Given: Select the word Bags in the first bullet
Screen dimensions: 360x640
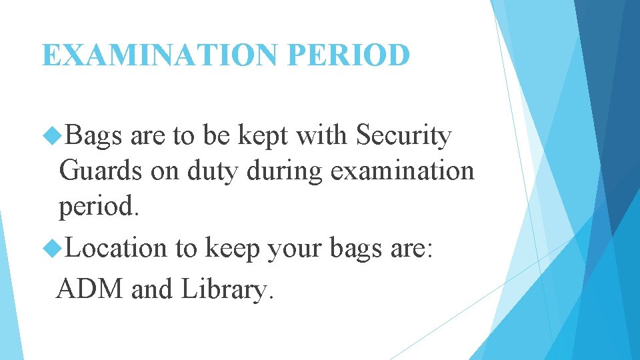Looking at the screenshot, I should pyautogui.click(x=95, y=137).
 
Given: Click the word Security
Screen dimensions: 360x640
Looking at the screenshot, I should pyautogui.click(x=404, y=137).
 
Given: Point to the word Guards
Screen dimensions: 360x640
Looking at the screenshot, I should pyautogui.click(x=101, y=171).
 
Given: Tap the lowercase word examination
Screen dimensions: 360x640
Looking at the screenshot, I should pyautogui.click(x=402, y=171).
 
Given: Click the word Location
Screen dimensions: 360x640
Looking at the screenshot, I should pyautogui.click(x=117, y=248).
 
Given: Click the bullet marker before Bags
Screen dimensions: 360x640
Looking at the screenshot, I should pyautogui.click(x=51, y=137).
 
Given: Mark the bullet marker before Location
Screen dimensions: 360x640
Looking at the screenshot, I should pyautogui.click(x=51, y=249).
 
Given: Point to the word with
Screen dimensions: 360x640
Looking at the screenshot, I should pyautogui.click(x=323, y=135).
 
